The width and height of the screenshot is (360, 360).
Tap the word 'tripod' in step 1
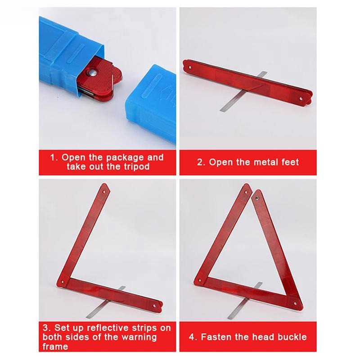coord(137,166)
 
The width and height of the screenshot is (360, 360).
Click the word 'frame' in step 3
coord(55,346)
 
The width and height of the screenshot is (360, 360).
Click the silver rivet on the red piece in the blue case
coord(93,73)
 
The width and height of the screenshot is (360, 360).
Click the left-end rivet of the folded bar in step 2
coord(190,67)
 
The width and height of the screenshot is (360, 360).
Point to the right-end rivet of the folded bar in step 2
coord(301,99)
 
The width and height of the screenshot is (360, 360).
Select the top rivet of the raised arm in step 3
coord(104,192)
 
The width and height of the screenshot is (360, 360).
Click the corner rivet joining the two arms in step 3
coord(62,282)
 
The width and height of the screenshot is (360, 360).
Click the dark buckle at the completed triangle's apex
coord(257,198)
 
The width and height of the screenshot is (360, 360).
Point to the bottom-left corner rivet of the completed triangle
coord(200,280)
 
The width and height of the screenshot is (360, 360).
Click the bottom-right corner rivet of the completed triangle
coord(295,304)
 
